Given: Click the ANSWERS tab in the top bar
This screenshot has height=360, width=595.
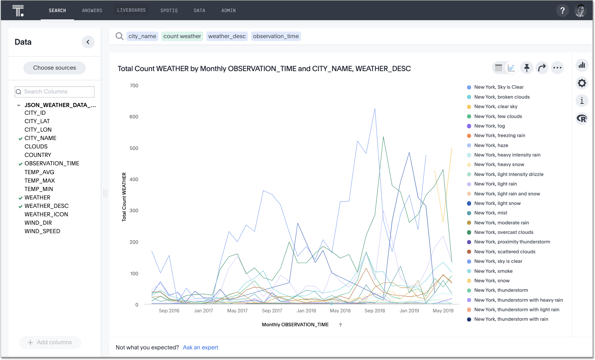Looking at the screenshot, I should (92, 11).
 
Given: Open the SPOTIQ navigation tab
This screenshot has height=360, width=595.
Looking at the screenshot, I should (169, 11).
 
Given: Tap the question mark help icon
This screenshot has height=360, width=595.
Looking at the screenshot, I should (562, 10).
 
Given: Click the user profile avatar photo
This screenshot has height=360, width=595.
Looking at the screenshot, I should (580, 11).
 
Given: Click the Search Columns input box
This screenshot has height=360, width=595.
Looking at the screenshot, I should (55, 92).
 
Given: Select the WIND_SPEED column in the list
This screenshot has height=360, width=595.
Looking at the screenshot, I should (42, 231).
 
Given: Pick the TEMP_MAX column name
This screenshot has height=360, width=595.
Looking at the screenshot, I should (40, 181).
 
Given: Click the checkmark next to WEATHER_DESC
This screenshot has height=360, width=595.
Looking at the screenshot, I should (21, 206).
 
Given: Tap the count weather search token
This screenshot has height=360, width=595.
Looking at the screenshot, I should (182, 36).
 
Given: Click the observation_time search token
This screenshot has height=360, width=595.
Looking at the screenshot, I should (276, 36).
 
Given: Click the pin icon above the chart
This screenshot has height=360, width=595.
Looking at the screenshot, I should (527, 67).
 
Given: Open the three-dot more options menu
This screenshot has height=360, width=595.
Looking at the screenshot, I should (557, 67).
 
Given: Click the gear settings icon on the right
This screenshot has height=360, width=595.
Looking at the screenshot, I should (582, 83).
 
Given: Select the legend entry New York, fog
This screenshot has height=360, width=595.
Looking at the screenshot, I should (489, 126).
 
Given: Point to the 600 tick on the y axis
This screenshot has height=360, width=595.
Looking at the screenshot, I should (134, 117).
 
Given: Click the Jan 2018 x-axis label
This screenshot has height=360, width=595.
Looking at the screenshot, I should (306, 311).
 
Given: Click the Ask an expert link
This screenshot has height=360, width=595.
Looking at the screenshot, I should (200, 348).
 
